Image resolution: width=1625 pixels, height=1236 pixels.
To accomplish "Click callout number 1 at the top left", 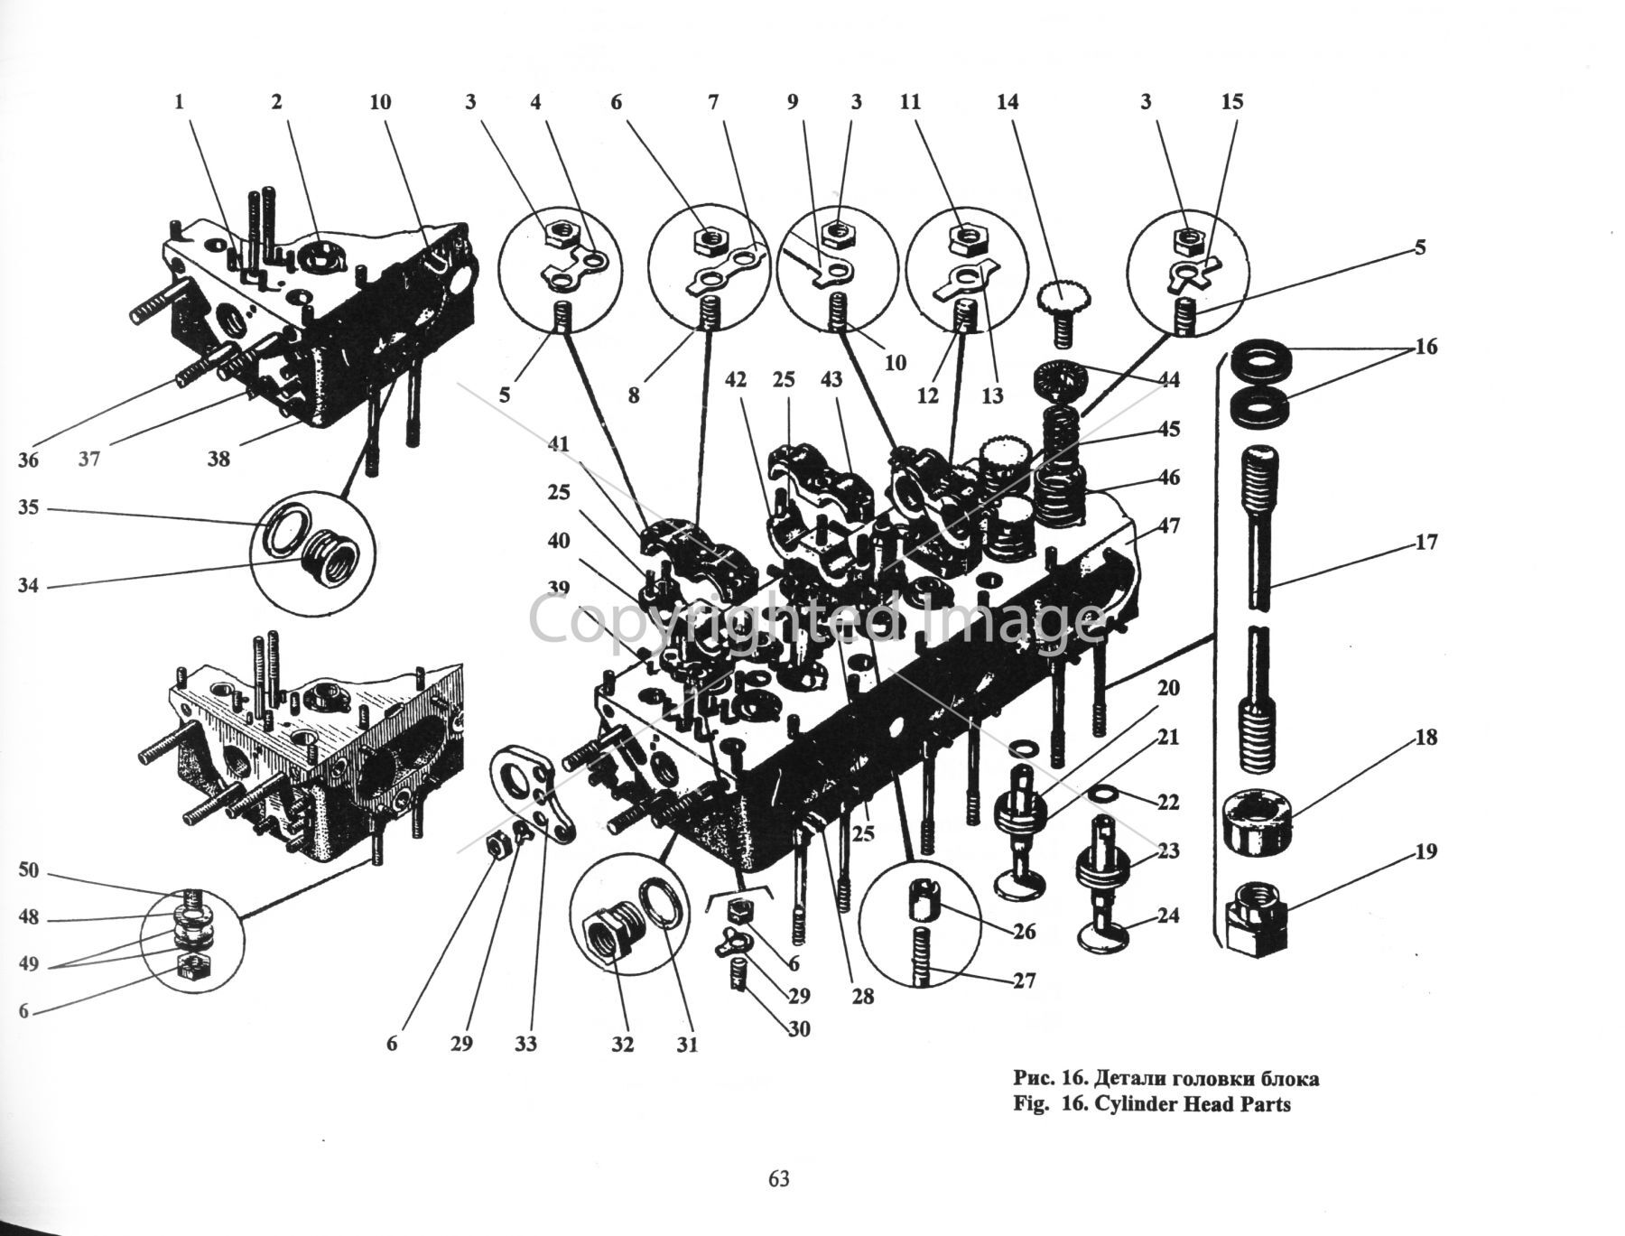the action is (x=179, y=102).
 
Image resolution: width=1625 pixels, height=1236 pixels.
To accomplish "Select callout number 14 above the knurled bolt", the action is (x=1007, y=102).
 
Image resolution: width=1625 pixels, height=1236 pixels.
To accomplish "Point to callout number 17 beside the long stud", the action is (x=1425, y=543).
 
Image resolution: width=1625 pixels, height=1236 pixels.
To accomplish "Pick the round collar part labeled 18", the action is (x=1258, y=820).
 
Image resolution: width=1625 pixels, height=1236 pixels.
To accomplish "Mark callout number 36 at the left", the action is (x=29, y=460).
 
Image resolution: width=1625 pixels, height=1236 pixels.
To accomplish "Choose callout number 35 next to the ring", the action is (x=29, y=507).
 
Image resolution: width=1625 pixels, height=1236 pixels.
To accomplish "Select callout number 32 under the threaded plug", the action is (x=622, y=1045).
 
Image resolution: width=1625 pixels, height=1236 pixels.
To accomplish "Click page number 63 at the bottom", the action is (x=779, y=1179).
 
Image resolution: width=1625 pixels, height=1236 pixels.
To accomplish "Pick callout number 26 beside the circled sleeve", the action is (x=1023, y=931).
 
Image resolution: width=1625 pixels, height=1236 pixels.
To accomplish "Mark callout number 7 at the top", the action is (x=713, y=102).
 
